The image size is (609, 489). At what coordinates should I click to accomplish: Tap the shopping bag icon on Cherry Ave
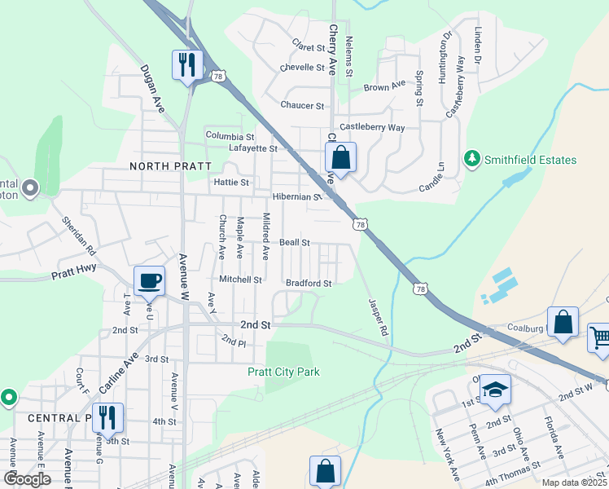click(341, 157)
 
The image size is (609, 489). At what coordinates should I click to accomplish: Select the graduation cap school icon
click(494, 390)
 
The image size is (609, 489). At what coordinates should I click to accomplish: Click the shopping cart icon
click(600, 338)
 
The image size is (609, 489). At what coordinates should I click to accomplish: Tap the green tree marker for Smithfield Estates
click(471, 160)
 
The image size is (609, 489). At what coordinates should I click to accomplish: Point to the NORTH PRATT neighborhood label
click(165, 165)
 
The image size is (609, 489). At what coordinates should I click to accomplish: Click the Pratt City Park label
click(283, 372)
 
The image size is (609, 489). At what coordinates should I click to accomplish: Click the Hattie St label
click(231, 183)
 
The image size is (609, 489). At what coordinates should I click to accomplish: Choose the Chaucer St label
click(302, 106)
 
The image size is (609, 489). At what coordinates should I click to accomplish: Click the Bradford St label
click(309, 284)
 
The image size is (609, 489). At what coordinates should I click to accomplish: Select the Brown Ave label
click(384, 86)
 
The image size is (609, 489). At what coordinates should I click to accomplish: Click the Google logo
click(27, 478)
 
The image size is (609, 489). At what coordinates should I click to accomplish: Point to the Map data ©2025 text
click(573, 482)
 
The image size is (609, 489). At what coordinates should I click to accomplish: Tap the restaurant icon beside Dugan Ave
click(188, 64)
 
